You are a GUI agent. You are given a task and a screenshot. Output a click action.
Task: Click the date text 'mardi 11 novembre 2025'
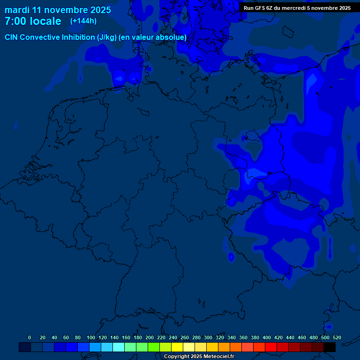58,10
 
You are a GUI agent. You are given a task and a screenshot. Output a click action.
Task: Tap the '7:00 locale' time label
33,22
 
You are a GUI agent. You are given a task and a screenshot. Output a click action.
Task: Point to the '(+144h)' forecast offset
83,21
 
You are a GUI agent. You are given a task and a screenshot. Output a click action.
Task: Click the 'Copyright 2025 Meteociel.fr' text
199,357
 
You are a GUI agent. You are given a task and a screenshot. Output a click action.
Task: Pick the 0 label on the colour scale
30,337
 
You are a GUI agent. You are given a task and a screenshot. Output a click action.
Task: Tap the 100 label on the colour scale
90,337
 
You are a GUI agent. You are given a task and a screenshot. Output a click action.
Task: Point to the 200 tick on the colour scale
149,337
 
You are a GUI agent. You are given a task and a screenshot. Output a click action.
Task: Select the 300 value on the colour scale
208,337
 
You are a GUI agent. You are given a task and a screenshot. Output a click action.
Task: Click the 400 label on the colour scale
266,337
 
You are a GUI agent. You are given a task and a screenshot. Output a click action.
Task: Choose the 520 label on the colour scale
337,337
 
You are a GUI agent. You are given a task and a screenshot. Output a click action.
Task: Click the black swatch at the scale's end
330,347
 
